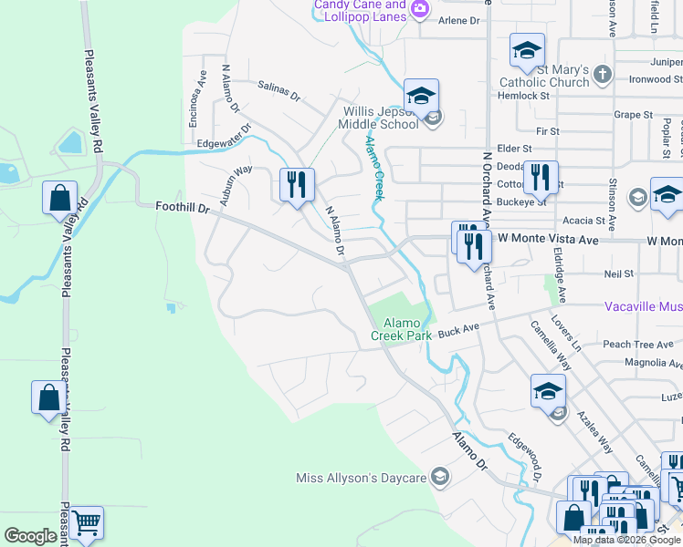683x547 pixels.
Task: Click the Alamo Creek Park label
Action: coord(407,329)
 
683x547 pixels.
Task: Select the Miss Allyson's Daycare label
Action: coord(362,479)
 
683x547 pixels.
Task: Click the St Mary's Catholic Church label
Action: coord(550,77)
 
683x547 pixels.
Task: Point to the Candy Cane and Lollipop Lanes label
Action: coord(360,10)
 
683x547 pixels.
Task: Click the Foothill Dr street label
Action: coord(183,208)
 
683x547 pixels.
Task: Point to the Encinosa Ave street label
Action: coord(194,88)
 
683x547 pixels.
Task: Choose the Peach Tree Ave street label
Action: coord(638,345)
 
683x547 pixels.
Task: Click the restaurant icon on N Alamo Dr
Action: coord(297,185)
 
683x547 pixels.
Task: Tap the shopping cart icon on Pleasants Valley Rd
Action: coord(86,523)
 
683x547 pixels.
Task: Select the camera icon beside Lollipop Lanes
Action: coord(419,10)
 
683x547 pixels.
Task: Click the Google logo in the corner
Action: coord(30,536)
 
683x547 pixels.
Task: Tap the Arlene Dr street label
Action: coord(459,20)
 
